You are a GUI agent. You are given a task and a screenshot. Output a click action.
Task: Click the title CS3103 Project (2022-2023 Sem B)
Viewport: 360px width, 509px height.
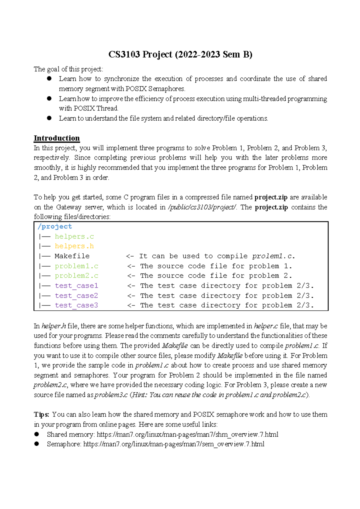point(180,54)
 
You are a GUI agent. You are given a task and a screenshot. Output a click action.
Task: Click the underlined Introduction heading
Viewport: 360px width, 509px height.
point(57,138)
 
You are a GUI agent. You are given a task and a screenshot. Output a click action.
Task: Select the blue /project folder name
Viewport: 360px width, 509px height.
point(55,226)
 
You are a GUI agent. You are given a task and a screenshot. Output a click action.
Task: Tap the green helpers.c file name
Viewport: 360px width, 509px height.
point(74,236)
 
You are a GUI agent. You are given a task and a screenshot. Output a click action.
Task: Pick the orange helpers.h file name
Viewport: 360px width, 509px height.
point(74,246)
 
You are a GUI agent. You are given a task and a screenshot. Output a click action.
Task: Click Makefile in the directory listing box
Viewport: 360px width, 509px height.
point(72,256)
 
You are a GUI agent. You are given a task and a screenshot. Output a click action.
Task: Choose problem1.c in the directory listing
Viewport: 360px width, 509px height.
point(76,266)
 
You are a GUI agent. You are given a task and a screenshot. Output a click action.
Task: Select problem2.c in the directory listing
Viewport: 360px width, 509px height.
point(76,276)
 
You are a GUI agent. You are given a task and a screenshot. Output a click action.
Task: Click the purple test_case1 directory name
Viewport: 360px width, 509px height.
point(76,285)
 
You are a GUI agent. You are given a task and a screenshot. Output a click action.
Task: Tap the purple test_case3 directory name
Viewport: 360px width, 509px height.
point(76,305)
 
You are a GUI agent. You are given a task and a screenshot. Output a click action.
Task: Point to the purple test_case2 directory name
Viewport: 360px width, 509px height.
point(76,296)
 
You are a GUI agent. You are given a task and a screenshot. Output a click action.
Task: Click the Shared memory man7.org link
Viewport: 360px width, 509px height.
point(187,434)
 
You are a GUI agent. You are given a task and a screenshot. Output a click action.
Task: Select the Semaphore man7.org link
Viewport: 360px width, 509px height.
point(174,444)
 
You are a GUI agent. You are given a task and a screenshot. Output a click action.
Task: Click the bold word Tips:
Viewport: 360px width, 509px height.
point(42,414)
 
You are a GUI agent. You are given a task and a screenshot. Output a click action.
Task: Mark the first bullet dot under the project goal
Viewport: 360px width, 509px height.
point(49,79)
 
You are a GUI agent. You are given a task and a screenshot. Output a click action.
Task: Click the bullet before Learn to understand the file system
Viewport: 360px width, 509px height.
point(49,118)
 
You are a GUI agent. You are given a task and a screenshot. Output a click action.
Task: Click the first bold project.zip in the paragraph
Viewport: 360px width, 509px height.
point(271,197)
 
